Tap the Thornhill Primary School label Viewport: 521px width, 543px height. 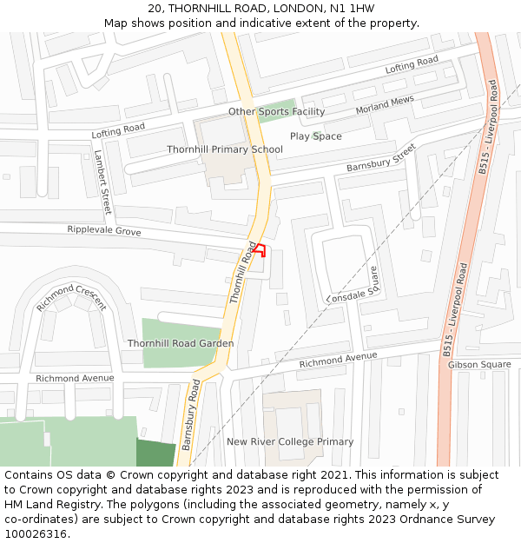225,149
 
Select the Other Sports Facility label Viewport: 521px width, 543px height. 276,111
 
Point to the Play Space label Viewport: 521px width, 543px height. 315,136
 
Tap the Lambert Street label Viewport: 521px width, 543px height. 102,182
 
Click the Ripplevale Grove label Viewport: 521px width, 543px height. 103,231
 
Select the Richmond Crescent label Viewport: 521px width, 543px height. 71,297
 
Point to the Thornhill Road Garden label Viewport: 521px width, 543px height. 181,343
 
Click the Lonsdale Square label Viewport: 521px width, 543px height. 353,285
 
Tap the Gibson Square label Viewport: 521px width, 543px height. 479,365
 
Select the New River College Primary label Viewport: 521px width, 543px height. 290,441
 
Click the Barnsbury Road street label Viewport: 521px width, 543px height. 191,414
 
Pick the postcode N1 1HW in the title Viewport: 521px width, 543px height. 353,8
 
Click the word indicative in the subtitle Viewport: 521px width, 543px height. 255,23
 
